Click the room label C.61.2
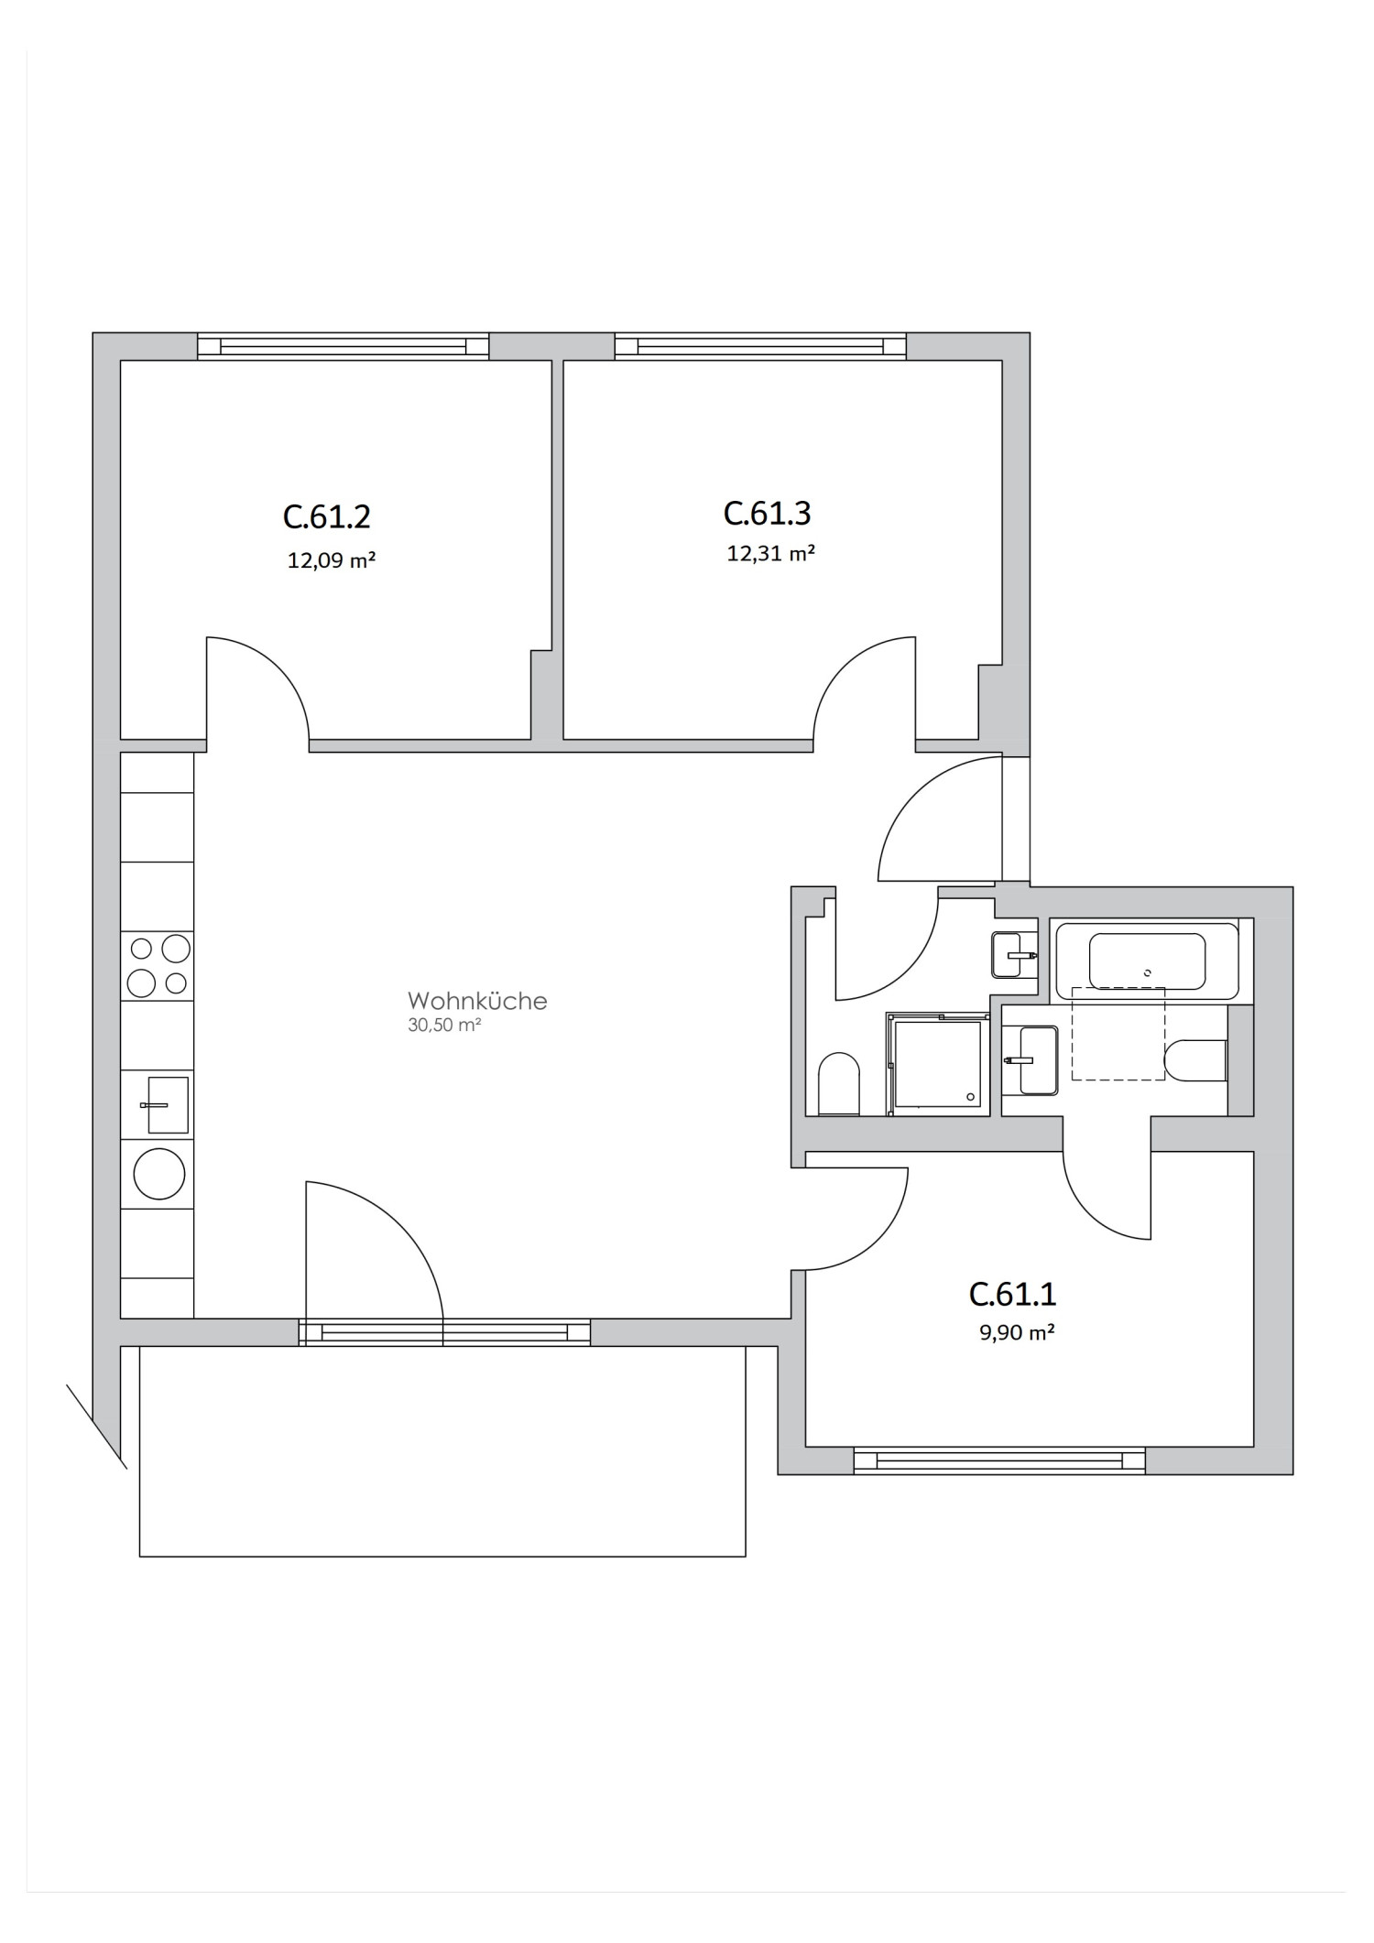(x=326, y=517)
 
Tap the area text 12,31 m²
(x=770, y=554)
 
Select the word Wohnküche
(x=477, y=1001)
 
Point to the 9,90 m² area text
(x=1016, y=1333)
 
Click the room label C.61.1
(x=1012, y=1295)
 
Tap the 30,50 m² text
(x=444, y=1026)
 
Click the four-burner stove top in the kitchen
(x=158, y=966)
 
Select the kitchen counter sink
(x=166, y=1105)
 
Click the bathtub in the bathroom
(x=1146, y=961)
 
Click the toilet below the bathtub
(x=1194, y=1060)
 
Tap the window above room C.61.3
(x=760, y=346)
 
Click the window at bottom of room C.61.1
(x=998, y=1460)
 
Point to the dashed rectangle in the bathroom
(x=1118, y=1034)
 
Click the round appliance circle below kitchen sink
(x=159, y=1173)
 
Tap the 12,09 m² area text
(x=332, y=560)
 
